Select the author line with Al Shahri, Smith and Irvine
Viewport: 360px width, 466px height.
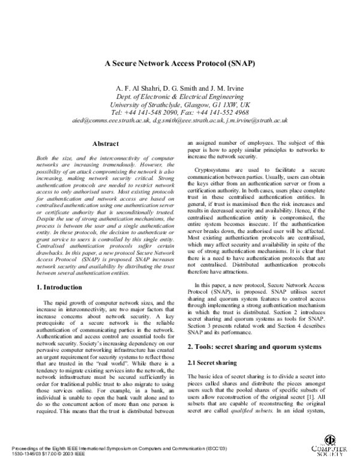coord(180,89)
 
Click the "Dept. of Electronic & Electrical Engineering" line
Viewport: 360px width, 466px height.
coord(180,97)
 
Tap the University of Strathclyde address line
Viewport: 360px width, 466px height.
coord(180,104)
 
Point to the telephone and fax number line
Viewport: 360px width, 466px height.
coord(180,112)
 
